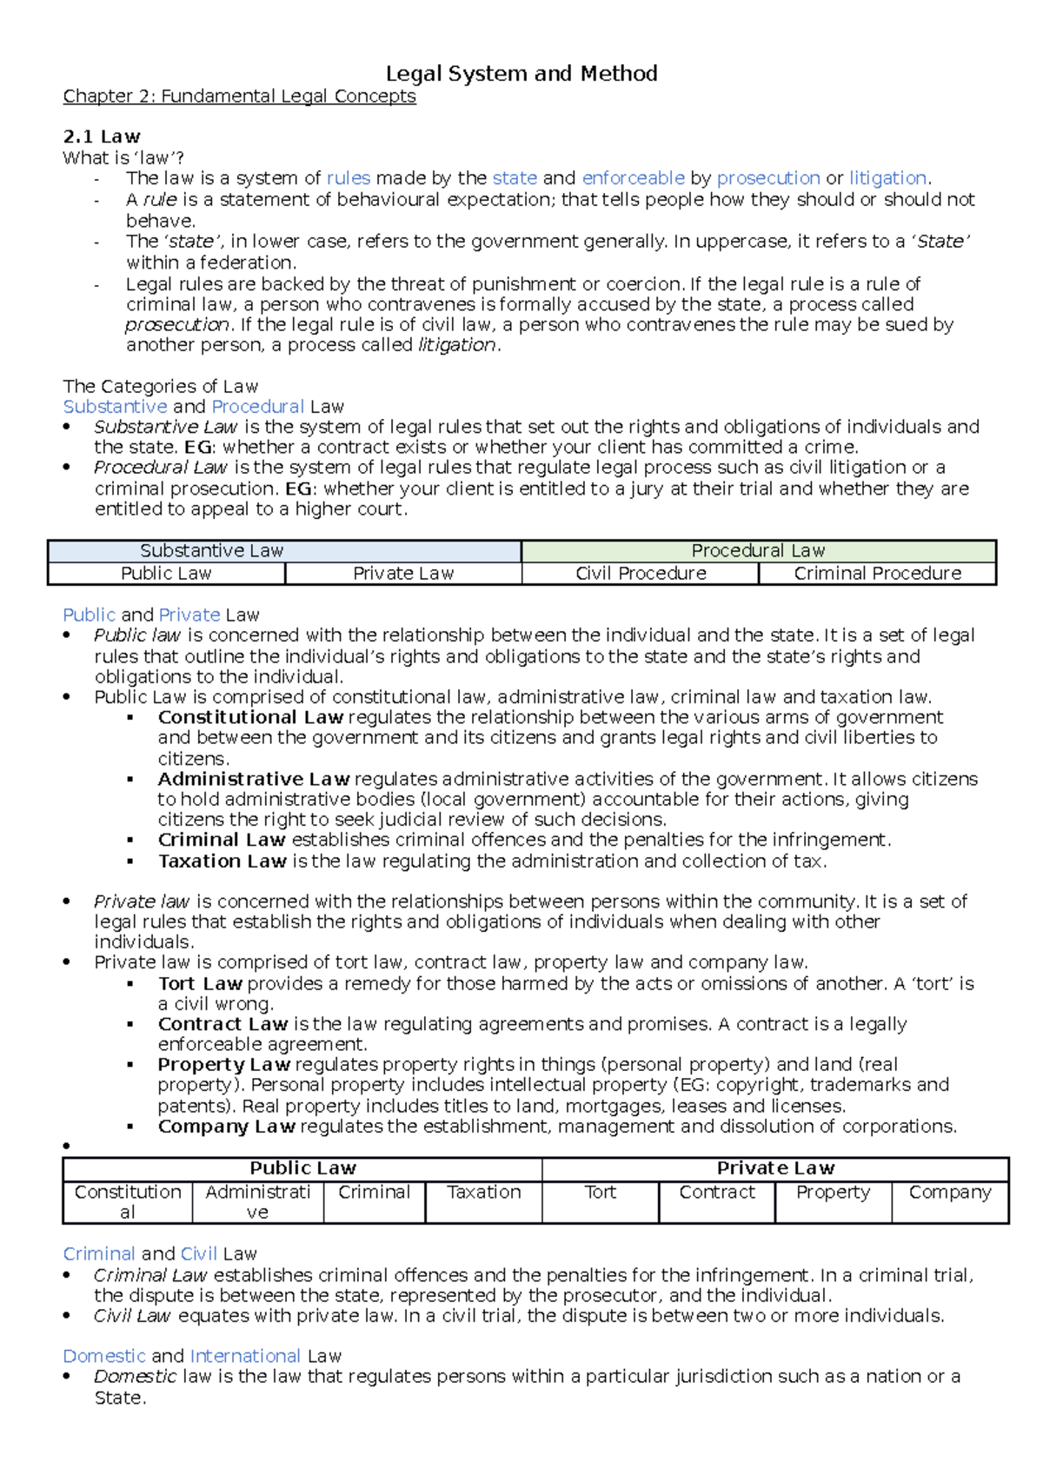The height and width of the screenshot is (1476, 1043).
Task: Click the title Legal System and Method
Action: (x=521, y=74)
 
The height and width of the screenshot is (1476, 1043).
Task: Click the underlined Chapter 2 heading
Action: (x=239, y=96)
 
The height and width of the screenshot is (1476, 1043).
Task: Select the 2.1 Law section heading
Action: (x=101, y=136)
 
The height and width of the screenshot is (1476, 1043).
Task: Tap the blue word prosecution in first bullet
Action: (x=767, y=178)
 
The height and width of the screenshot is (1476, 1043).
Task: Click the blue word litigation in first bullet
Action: (x=887, y=178)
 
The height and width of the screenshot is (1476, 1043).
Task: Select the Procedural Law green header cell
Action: (x=758, y=551)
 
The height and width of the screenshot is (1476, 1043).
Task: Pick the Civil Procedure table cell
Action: (x=641, y=574)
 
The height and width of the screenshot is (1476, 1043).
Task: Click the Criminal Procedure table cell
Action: (x=877, y=574)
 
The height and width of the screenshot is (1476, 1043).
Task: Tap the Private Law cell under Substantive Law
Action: (x=403, y=574)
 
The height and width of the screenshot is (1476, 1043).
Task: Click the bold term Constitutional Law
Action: (x=250, y=718)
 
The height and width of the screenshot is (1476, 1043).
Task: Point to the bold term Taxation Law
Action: (x=222, y=861)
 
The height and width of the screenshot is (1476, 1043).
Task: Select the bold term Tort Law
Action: (x=199, y=984)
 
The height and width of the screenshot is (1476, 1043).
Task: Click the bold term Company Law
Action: (x=226, y=1127)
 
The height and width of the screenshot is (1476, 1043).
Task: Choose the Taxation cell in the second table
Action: (x=483, y=1193)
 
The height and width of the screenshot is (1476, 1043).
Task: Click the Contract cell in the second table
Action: (x=716, y=1193)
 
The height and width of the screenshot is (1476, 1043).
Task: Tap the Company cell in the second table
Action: (x=949, y=1193)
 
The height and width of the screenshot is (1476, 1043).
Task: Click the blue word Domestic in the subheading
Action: (x=104, y=1356)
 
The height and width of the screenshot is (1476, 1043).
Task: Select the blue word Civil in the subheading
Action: (x=199, y=1254)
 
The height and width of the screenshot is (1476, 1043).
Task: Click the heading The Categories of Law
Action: (x=160, y=387)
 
